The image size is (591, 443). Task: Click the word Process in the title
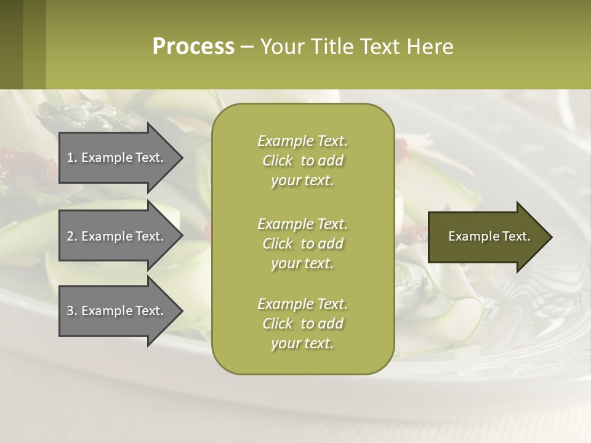tap(193, 47)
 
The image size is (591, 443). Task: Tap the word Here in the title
tap(430, 47)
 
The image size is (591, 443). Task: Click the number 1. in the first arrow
tap(71, 158)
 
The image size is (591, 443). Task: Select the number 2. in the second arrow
tap(71, 236)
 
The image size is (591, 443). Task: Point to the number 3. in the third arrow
tap(71, 311)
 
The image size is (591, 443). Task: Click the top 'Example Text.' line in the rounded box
tap(302, 141)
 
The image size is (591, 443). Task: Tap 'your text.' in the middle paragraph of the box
tap(302, 263)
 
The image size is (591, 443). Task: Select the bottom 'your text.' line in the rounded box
tap(302, 343)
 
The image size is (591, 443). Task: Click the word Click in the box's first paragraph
tap(278, 161)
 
